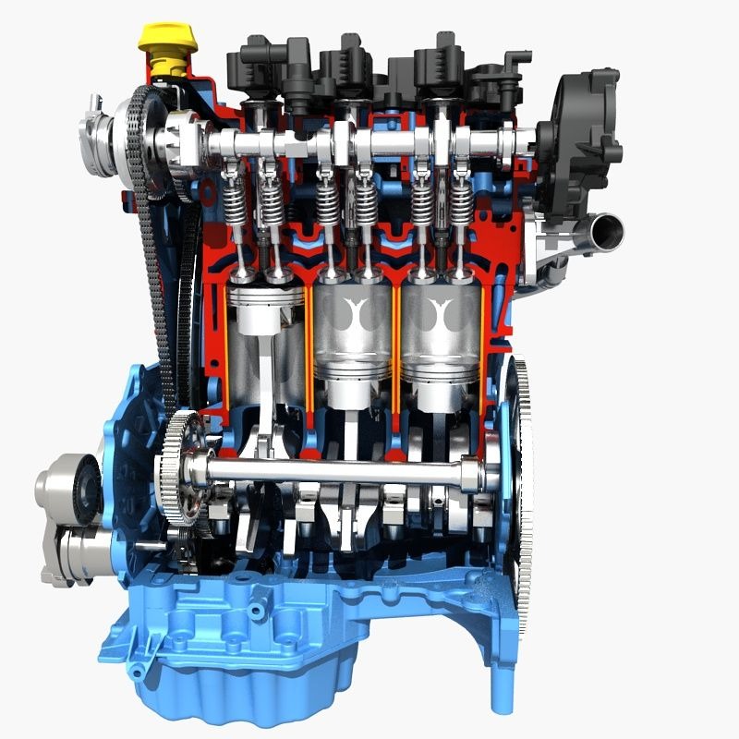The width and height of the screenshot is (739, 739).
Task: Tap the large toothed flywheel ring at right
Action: (x=523, y=462)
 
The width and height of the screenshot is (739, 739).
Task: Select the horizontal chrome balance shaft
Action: (x=342, y=471)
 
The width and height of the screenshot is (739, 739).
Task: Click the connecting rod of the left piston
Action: (x=268, y=388)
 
